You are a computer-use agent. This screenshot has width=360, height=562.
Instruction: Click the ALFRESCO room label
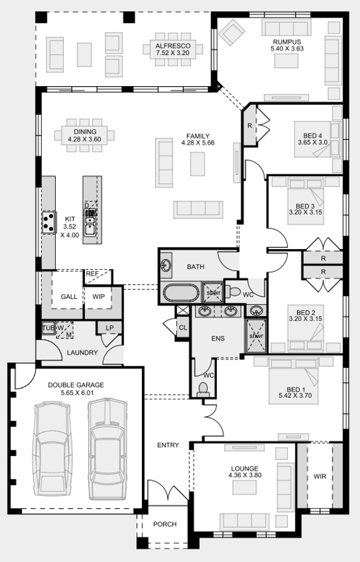click(173, 46)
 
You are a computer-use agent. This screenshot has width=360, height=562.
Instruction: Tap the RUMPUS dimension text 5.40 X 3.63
click(287, 48)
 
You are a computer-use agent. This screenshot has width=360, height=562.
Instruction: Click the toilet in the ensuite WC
click(203, 389)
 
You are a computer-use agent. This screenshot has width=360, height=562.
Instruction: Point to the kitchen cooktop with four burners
click(49, 222)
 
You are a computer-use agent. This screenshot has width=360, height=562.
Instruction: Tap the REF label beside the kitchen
click(92, 274)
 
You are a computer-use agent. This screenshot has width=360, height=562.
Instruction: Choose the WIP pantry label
click(99, 297)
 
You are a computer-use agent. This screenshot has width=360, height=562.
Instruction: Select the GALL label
click(69, 297)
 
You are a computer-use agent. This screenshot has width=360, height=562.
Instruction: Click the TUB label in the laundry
click(48, 328)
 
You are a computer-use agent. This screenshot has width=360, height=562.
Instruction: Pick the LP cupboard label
click(109, 328)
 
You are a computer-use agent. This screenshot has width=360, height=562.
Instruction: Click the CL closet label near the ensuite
click(183, 328)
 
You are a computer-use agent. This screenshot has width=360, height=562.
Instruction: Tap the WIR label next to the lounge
click(320, 476)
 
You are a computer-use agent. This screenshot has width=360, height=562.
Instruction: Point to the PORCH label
click(165, 524)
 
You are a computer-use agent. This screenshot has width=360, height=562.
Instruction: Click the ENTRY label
click(167, 445)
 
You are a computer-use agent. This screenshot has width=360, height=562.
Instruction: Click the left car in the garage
click(54, 449)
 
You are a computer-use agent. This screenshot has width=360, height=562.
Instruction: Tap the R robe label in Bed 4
click(249, 126)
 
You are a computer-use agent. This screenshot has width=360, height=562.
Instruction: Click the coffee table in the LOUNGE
click(244, 488)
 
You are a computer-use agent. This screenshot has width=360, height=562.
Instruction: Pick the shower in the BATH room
click(212, 292)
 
